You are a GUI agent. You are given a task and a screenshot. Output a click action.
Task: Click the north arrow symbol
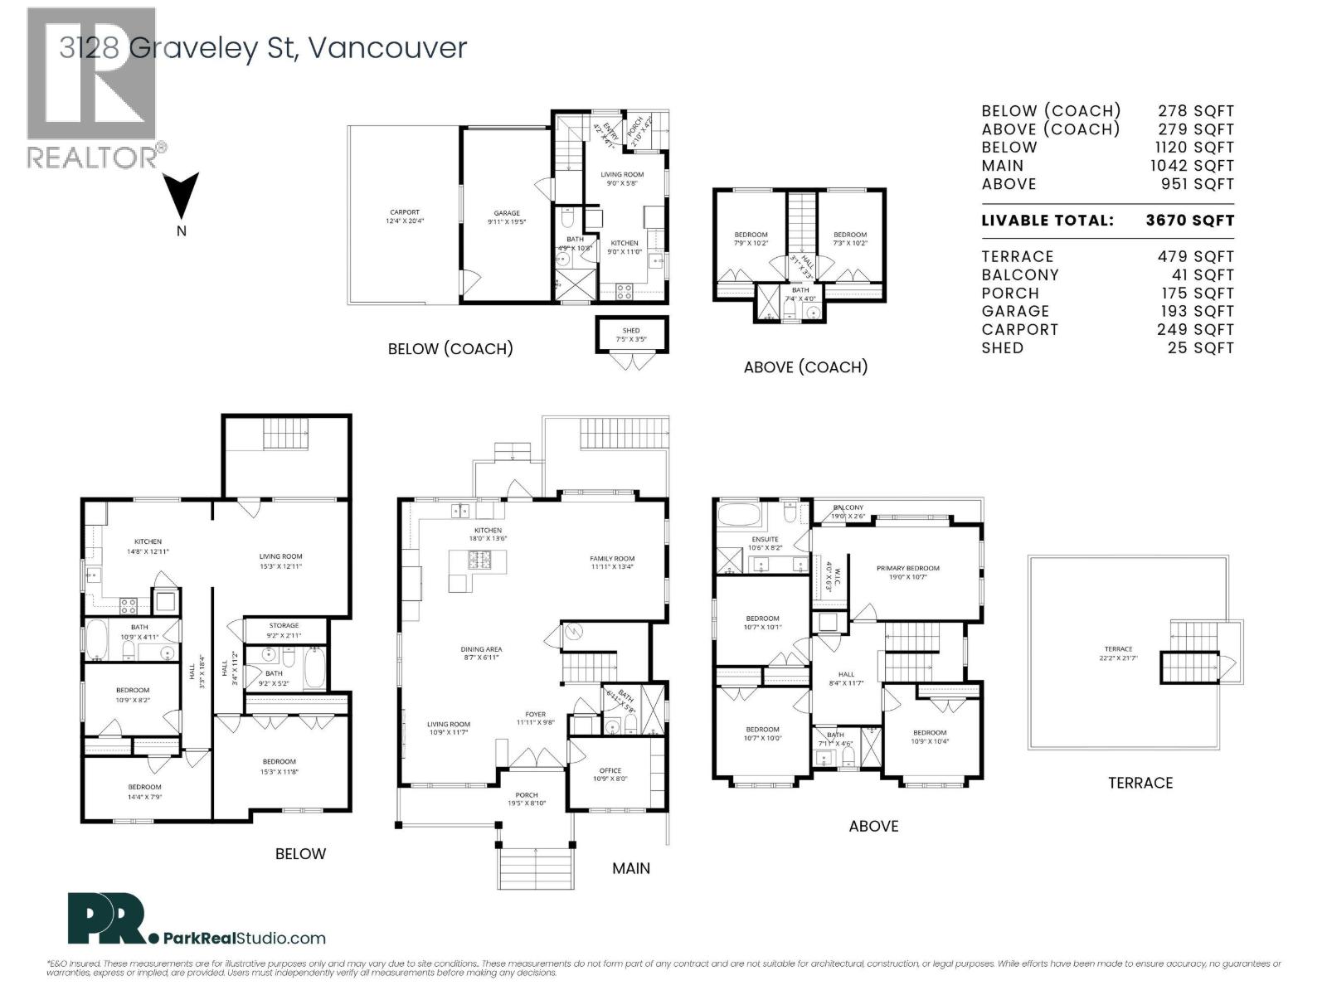(x=182, y=196)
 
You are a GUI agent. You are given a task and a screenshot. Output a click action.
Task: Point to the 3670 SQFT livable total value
(x=1190, y=221)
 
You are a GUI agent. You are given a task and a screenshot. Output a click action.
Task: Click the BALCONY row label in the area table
(x=1020, y=275)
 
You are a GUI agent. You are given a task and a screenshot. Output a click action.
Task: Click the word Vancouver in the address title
(x=387, y=48)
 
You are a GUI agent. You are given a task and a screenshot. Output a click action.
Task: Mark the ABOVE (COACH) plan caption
(x=805, y=367)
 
